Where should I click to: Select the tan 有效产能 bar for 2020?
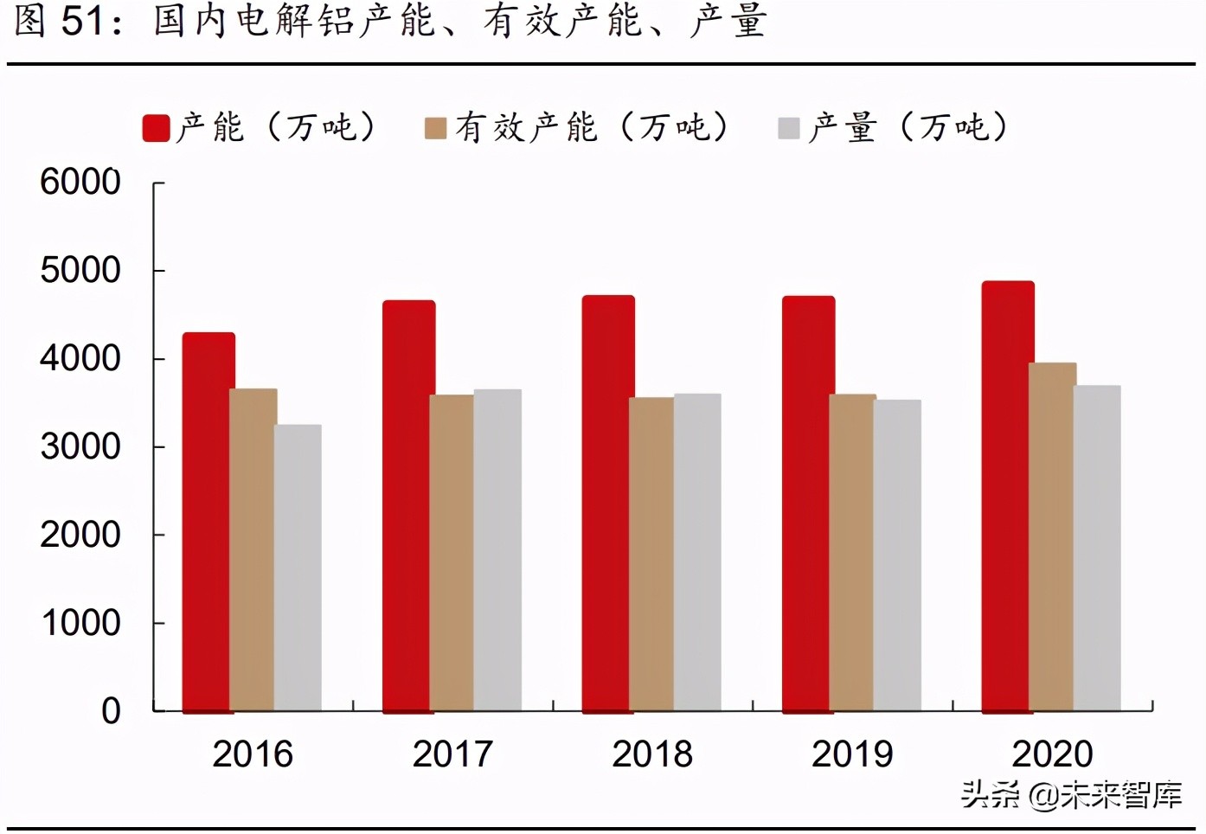1052,536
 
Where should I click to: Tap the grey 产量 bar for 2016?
298,568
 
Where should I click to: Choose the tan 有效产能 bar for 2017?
452,553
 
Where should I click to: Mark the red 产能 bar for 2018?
607,504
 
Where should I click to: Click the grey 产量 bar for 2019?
898,555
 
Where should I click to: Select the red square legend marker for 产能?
156,128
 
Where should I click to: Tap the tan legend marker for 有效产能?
435,129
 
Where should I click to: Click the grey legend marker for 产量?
788,129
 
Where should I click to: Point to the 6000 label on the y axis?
80,182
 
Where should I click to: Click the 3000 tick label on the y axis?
80,446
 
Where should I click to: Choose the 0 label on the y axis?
111,711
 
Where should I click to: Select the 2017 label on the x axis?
452,754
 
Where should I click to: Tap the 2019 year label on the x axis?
852,754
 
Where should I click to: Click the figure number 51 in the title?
83,21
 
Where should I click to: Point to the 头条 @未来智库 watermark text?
1071,794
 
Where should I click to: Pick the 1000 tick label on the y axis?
80,623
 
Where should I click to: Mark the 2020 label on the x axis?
1052,754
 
